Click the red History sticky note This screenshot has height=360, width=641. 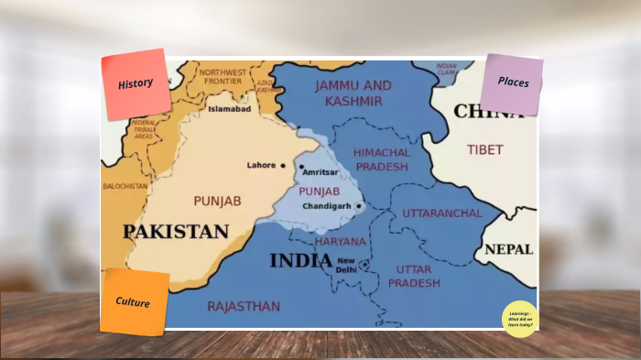136,84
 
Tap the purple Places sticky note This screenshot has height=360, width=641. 512,82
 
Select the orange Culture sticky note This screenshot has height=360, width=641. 134,301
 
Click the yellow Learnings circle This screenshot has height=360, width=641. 520,318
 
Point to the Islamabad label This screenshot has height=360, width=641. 229,109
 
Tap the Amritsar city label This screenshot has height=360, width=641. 320,172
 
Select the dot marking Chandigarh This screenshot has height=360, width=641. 359,206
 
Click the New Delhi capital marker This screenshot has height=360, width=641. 364,264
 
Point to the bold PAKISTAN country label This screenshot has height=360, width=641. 176,232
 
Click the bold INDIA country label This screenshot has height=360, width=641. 300,261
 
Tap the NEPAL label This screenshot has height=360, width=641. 508,249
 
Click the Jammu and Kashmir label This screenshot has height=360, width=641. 353,92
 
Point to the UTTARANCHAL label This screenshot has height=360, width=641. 442,213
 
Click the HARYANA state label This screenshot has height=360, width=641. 341,242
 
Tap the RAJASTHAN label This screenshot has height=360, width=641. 244,306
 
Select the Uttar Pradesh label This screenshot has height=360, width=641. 414,276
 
